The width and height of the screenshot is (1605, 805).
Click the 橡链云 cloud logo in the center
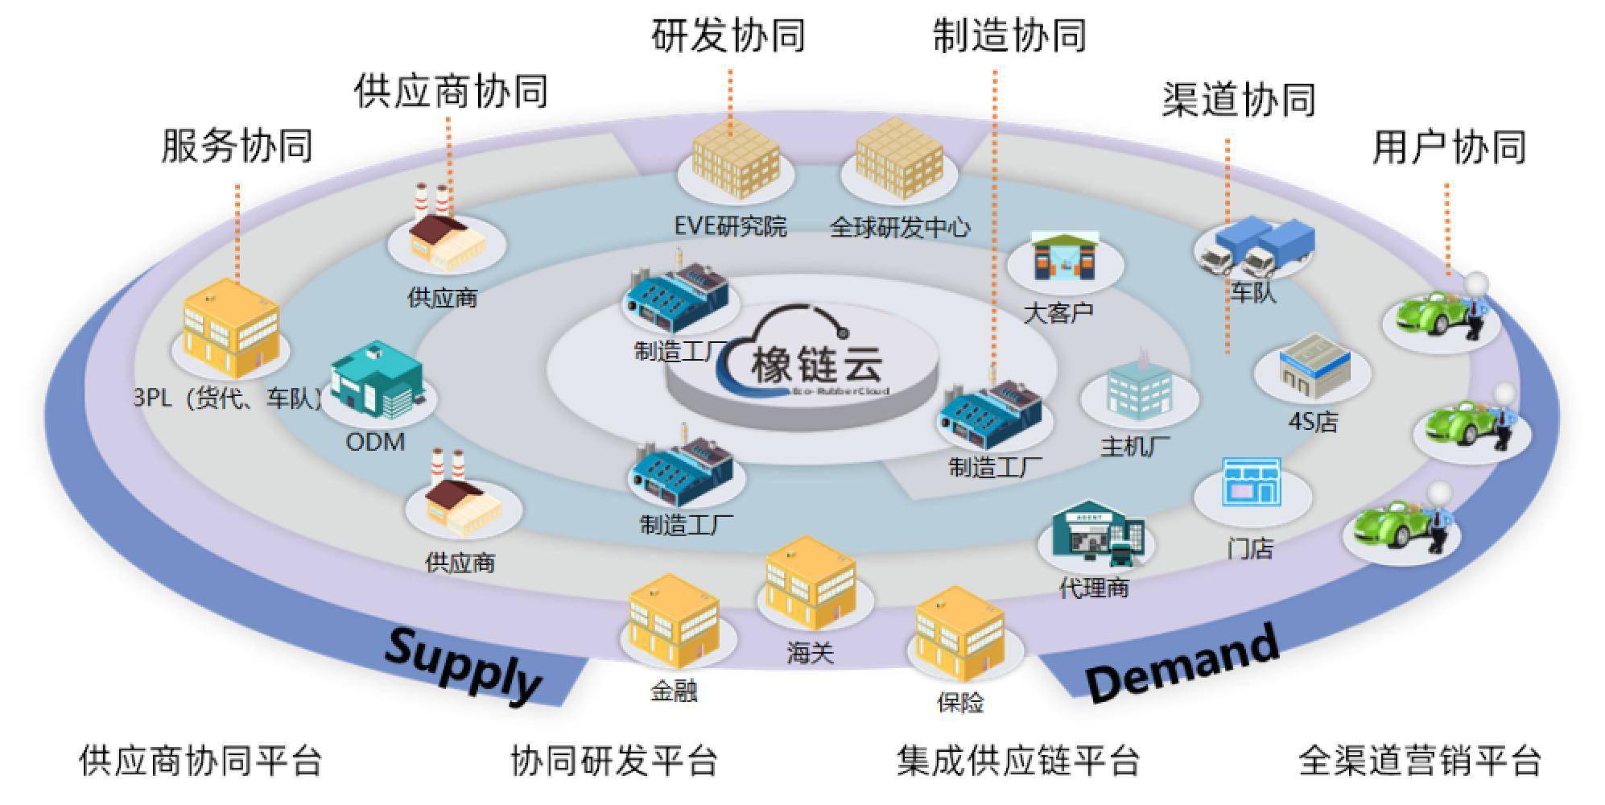805,354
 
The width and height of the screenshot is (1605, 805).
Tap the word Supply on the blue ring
462,666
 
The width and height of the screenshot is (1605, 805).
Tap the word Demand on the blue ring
1182,663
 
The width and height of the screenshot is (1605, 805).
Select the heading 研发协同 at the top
728,36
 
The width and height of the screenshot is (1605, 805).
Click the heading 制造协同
1009,36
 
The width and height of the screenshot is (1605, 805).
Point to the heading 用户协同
1448,147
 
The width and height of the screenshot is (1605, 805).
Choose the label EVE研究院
730,227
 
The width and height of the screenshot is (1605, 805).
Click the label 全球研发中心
899,228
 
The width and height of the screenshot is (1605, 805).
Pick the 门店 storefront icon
1251,482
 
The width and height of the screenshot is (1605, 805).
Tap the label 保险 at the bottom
959,703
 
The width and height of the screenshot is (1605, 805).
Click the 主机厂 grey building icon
1137,392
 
